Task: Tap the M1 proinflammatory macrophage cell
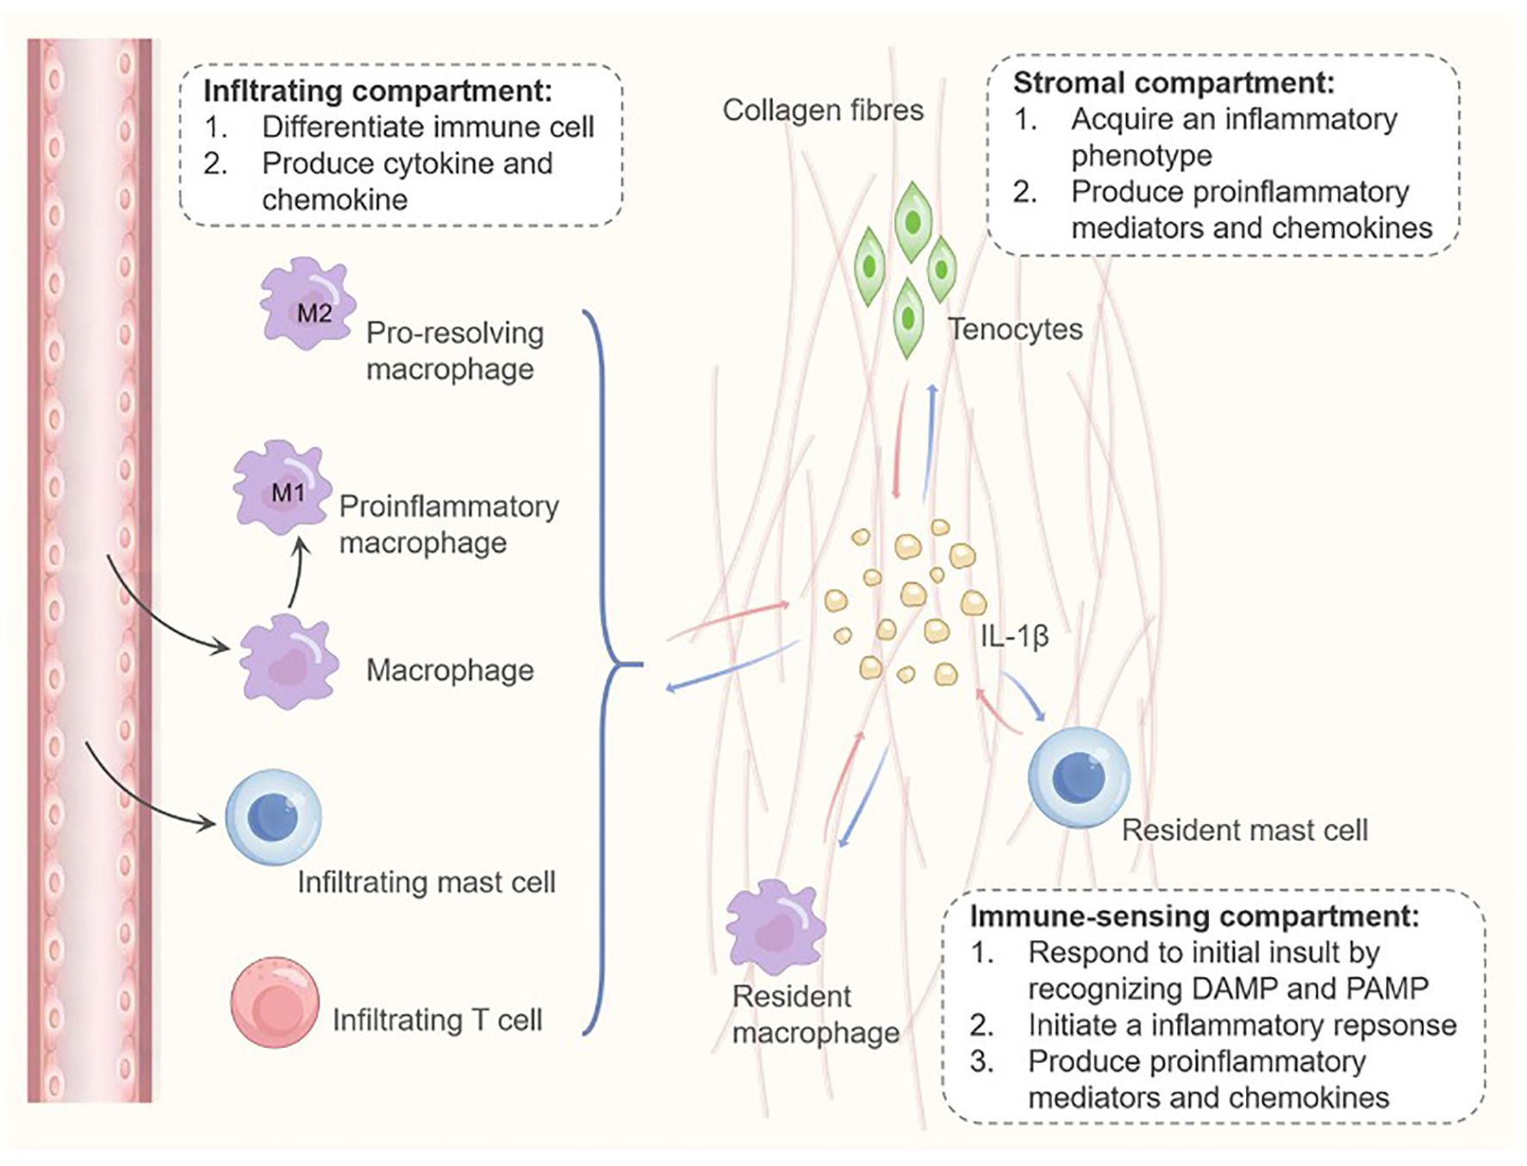(x=282, y=488)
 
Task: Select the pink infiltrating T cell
(x=274, y=1001)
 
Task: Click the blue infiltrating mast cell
(x=273, y=817)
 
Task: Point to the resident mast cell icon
(x=1078, y=776)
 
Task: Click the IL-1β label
(x=1014, y=636)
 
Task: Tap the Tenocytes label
(x=1015, y=329)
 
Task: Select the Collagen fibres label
(x=822, y=110)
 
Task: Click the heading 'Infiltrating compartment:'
(x=377, y=90)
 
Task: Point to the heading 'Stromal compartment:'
(x=1173, y=83)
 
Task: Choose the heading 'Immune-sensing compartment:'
(x=1194, y=916)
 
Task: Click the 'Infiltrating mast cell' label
(x=426, y=882)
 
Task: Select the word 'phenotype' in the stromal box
(x=1141, y=155)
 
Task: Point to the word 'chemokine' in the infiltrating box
(x=334, y=200)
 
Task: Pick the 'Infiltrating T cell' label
(x=437, y=1020)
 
